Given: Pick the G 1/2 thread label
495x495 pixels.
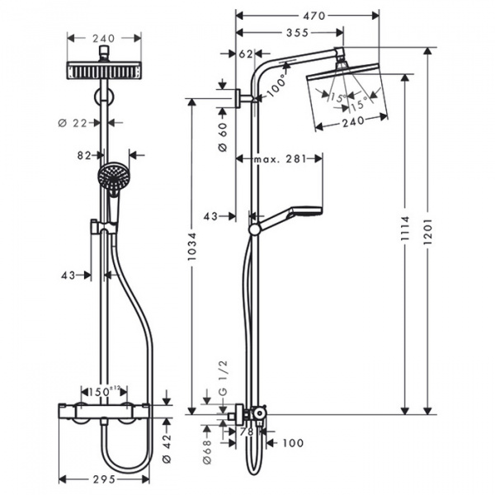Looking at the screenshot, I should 221,384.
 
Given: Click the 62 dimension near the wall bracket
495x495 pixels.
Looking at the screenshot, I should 244,54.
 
